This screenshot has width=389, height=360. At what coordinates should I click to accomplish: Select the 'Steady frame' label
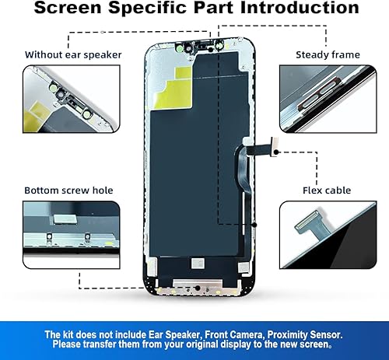(x=328, y=54)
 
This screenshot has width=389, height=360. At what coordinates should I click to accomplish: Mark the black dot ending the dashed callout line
(x=254, y=225)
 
